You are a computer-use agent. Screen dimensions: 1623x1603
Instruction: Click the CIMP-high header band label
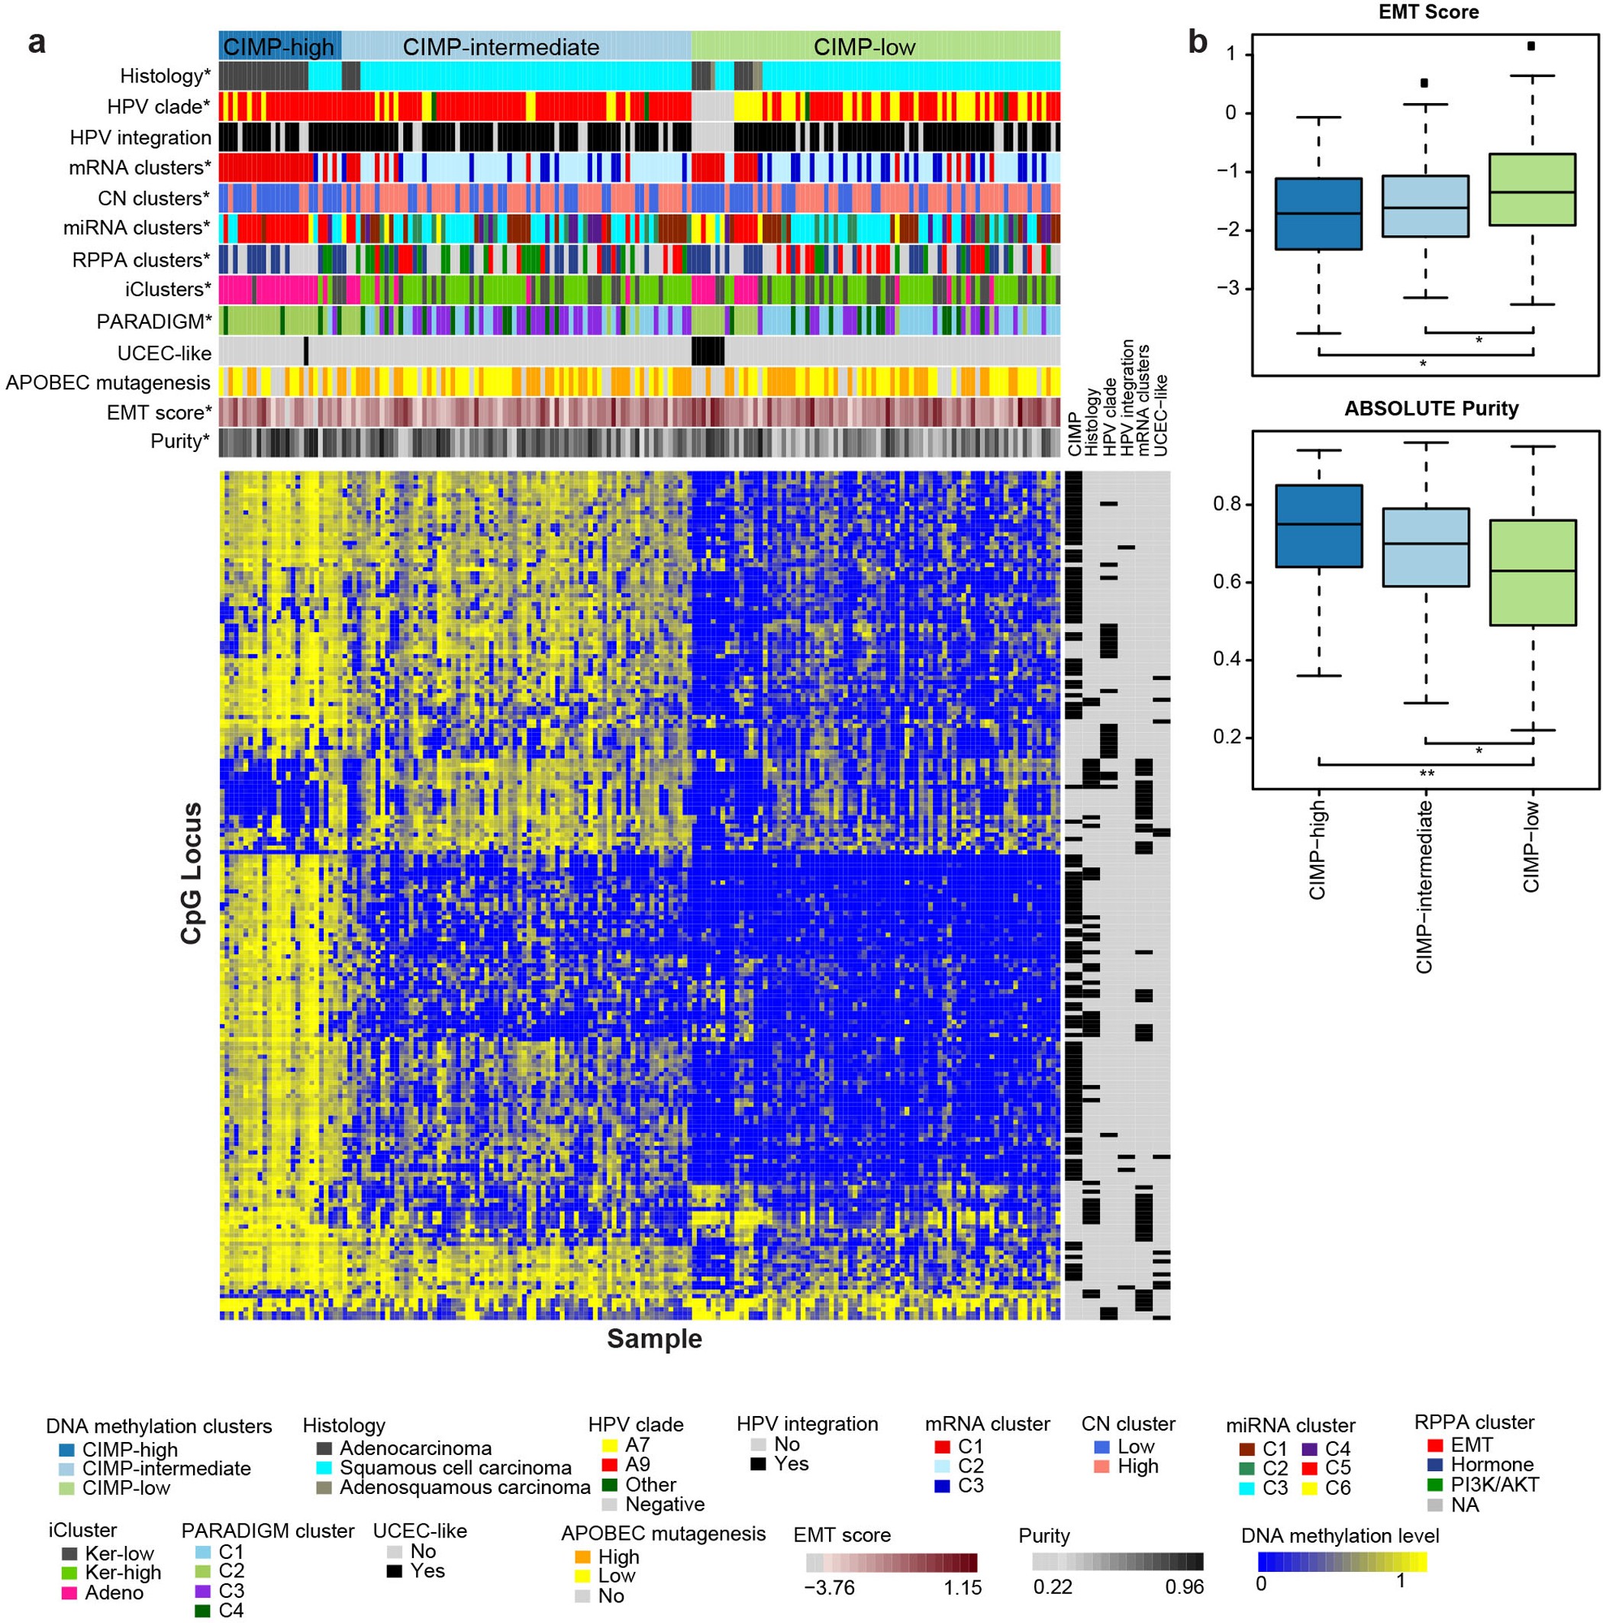coord(279,47)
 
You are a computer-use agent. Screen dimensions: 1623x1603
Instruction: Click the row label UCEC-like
coord(165,353)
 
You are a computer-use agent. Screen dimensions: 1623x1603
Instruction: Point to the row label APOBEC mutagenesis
coord(108,383)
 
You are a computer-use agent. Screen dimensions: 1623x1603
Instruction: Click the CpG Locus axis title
coord(192,873)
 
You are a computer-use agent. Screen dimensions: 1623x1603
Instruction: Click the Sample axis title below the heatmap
coord(653,1338)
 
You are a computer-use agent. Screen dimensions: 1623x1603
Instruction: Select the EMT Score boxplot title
coord(1428,11)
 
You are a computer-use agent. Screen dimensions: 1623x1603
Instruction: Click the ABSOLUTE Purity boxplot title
coord(1430,409)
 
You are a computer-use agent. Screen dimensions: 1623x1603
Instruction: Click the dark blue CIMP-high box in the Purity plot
coord(1318,526)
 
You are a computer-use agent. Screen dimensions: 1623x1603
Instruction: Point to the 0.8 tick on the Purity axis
coord(1227,505)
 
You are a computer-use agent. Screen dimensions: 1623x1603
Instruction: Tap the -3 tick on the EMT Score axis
coord(1229,288)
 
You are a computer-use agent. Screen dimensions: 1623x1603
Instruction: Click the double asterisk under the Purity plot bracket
coord(1426,773)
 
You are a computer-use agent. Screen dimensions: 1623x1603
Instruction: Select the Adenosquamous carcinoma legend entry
coord(464,1488)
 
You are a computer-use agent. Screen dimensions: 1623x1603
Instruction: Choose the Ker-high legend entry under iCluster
coord(123,1573)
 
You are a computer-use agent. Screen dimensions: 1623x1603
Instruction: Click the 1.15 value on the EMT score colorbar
coord(962,1588)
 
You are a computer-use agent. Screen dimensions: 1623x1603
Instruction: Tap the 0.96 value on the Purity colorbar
coord(1185,1588)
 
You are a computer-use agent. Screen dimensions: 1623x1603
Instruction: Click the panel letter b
coord(1197,42)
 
